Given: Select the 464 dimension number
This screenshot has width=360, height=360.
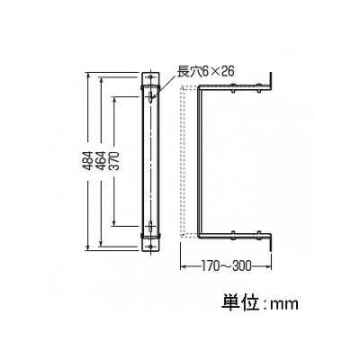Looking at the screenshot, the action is pos(102,161).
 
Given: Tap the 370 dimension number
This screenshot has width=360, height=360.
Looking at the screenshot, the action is pos(115,161).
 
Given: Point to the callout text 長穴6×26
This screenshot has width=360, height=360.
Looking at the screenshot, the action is pos(205,72).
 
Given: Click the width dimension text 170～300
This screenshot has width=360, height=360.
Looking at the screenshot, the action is pos(226,265).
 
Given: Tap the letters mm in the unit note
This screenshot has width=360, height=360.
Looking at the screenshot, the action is pos(284,305).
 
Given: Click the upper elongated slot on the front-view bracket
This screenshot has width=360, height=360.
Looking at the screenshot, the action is pos(150,97).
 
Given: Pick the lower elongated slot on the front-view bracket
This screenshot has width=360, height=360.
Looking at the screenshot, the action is pos(150,227).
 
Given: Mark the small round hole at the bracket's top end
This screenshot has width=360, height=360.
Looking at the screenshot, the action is pos(150,77).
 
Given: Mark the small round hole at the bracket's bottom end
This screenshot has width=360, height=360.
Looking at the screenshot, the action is pos(150,247).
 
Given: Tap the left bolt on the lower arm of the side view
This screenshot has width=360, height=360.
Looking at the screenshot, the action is pos(233,236).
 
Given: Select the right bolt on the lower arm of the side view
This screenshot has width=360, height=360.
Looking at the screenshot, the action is pos(258,236).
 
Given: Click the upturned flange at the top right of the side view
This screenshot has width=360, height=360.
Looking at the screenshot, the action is pos(270,80).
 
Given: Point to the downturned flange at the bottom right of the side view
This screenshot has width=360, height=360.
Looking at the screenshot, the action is pos(270,243).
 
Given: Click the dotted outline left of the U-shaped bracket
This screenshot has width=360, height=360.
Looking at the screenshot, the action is pos(182,161).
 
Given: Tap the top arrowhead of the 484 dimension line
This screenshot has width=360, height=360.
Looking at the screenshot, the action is pos(87,76).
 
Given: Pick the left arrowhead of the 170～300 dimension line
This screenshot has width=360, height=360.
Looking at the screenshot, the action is pos(183,265).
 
